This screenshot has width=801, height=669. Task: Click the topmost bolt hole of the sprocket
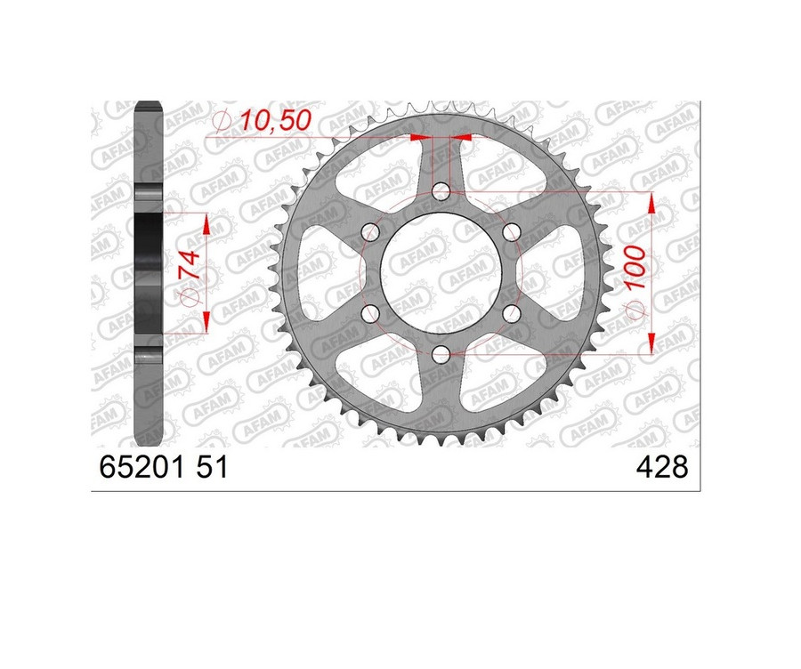pyautogui.click(x=441, y=191)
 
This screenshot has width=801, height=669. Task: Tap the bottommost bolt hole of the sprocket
pyautogui.click(x=441, y=355)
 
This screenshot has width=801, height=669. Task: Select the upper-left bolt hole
pyautogui.click(x=370, y=232)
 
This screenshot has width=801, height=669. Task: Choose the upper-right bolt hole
pyautogui.click(x=511, y=232)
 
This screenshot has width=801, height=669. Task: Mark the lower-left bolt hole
pyautogui.click(x=370, y=314)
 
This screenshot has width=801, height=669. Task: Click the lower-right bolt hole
pyautogui.click(x=511, y=314)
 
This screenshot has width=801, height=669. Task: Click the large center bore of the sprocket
pyautogui.click(x=441, y=273)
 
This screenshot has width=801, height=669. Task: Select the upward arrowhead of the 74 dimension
pyautogui.click(x=206, y=224)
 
